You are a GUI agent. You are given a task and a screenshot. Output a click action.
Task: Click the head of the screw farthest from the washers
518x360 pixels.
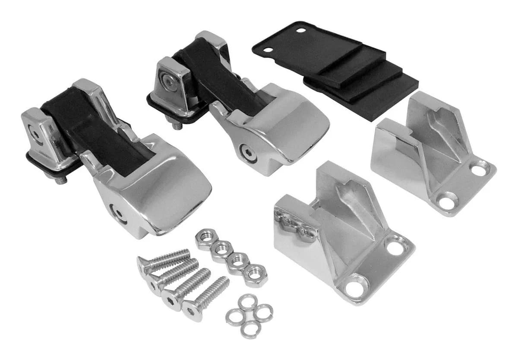[144, 263]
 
